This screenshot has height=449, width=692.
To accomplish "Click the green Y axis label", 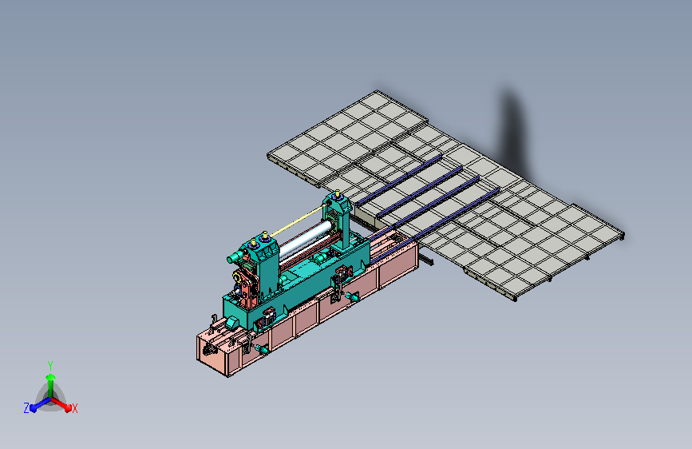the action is click(x=50, y=365).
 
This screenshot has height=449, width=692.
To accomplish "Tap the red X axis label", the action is click(x=74, y=408).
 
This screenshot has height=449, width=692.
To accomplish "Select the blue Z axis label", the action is click(x=26, y=408).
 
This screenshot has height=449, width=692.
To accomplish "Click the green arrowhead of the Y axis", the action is click(x=50, y=378).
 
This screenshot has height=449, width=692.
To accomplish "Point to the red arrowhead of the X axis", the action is click(x=67, y=407).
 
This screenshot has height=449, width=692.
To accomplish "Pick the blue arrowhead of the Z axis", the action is click(x=34, y=407).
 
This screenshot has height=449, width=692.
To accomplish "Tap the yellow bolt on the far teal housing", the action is click(x=338, y=194).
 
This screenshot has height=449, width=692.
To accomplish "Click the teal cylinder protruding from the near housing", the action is click(x=235, y=256).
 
